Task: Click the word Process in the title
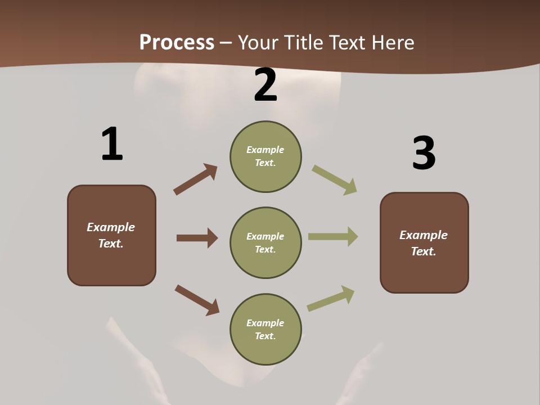click(x=177, y=42)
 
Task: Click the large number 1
click(x=112, y=145)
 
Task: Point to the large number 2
click(x=265, y=85)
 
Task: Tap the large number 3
click(x=424, y=154)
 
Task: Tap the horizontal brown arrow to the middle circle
click(x=197, y=238)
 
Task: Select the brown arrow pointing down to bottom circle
click(x=197, y=300)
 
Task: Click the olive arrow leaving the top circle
click(x=335, y=180)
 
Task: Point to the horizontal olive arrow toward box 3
click(x=333, y=237)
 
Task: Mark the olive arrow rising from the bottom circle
click(x=331, y=299)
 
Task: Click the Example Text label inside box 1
click(x=111, y=235)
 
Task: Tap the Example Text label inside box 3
click(x=424, y=243)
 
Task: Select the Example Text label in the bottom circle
click(x=265, y=329)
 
